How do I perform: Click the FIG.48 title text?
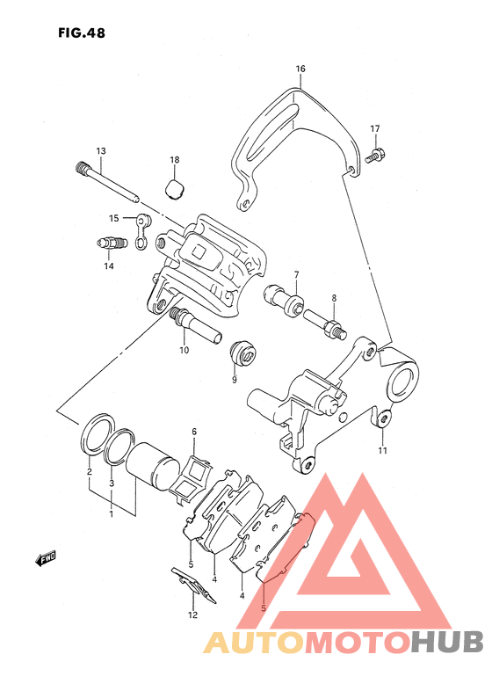point(82,33)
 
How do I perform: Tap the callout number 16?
point(300,69)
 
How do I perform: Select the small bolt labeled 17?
point(375,156)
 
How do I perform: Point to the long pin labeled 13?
point(107,183)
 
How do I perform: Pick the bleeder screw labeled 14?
point(112,244)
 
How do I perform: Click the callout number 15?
point(114,218)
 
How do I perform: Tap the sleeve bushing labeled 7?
point(284,301)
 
